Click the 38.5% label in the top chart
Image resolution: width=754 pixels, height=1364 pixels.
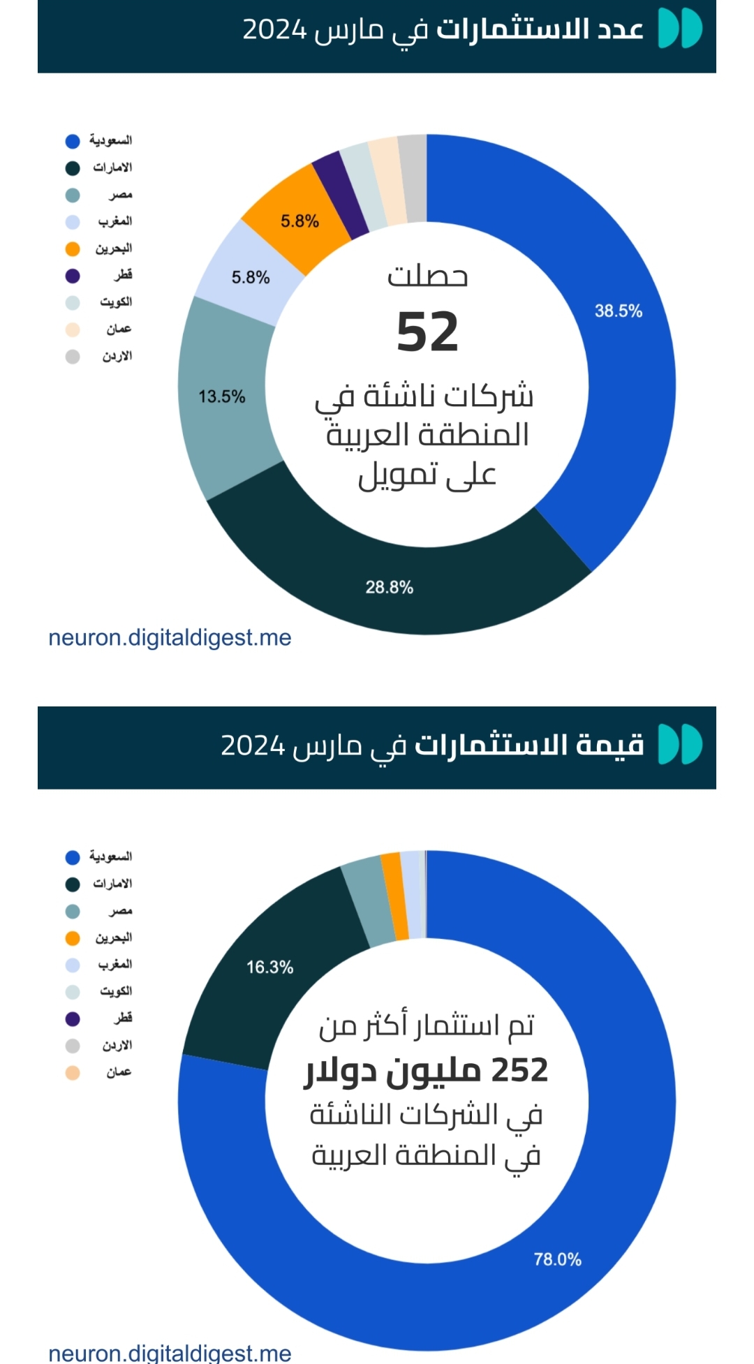tap(618, 311)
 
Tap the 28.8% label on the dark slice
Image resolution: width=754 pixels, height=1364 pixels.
tap(389, 587)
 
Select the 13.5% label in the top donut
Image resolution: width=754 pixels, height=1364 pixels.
tap(222, 396)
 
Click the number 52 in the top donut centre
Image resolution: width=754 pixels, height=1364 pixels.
tap(427, 332)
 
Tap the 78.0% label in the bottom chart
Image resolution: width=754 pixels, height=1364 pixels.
tap(557, 1259)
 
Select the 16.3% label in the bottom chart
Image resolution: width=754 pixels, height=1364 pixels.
tap(269, 967)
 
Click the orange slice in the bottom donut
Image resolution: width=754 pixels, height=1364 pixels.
tap(395, 896)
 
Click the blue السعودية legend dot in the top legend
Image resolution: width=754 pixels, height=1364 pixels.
tap(73, 141)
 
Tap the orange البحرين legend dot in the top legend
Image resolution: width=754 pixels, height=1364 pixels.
tap(73, 249)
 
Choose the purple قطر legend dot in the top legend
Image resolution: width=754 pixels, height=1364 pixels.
tap(73, 276)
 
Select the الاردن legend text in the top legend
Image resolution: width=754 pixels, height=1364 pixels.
tap(117, 357)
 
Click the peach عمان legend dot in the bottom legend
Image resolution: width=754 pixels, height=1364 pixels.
tap(73, 1073)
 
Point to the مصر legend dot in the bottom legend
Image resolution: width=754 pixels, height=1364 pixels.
tap(73, 911)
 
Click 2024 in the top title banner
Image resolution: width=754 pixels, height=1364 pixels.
tap(274, 31)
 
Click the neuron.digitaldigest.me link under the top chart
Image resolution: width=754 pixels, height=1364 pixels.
tap(170, 637)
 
